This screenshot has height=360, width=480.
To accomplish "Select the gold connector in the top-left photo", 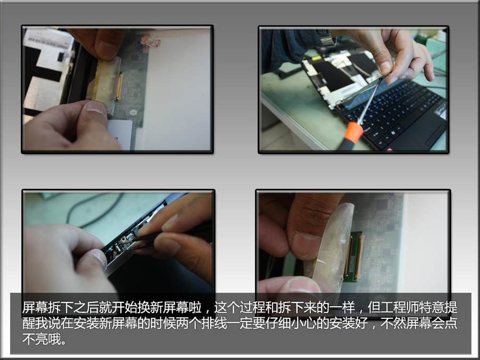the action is (x=119, y=88).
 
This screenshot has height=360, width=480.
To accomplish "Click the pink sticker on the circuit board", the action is (x=151, y=41).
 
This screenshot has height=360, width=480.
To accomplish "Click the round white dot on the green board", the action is (x=133, y=112).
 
